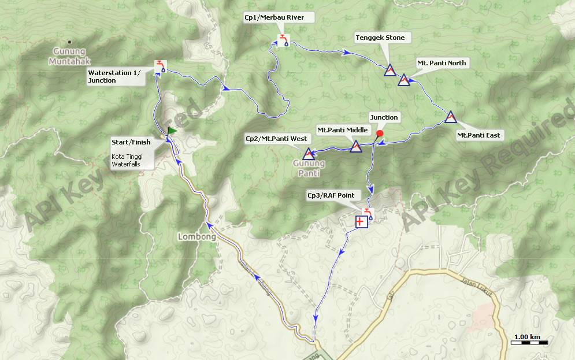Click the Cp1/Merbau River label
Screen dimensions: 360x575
(274, 17)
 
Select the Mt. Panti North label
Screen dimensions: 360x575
(442, 63)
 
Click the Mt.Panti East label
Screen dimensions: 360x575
(479, 135)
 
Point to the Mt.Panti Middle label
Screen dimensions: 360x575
(342, 130)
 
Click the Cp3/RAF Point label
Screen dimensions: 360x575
(331, 195)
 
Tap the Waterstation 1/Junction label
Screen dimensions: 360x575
(114, 76)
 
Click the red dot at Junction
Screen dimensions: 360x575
(380, 134)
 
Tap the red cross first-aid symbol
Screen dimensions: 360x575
(361, 221)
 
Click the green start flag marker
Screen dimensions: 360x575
(172, 131)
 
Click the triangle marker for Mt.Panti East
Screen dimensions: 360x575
(451, 117)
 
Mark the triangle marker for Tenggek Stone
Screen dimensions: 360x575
(389, 70)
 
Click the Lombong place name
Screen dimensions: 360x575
(196, 236)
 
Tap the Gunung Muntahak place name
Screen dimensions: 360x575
(68, 55)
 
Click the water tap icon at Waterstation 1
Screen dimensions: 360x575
(159, 66)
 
